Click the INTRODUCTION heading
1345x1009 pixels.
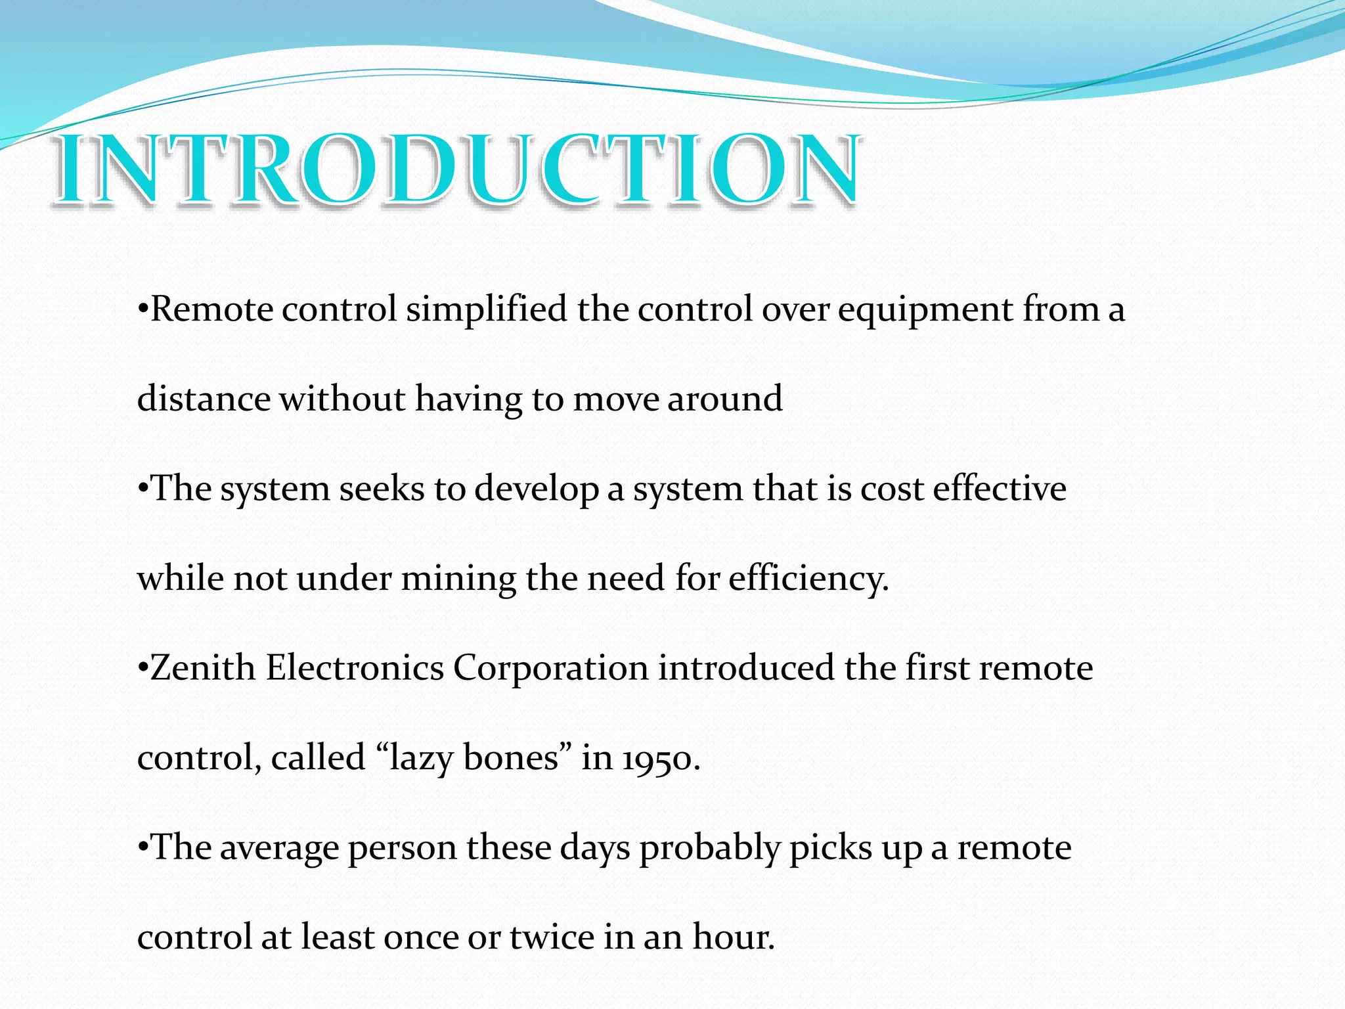coord(456,169)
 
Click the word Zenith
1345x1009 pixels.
coord(202,668)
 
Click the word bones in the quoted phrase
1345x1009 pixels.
coord(517,758)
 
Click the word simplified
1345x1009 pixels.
coord(486,309)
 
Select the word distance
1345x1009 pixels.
coord(204,399)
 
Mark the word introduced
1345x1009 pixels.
coord(746,668)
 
